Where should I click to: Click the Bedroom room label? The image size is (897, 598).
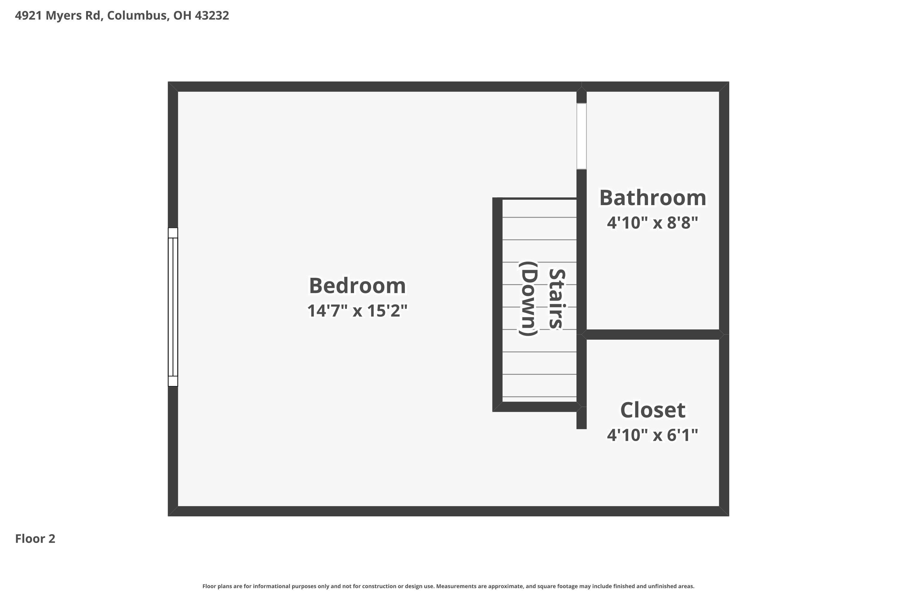[x=357, y=286]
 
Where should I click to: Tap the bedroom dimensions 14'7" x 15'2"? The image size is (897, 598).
[x=357, y=311]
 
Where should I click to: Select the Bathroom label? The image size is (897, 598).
[x=652, y=198]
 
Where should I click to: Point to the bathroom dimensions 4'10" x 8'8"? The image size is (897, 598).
[x=652, y=223]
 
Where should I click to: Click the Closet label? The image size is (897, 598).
[x=652, y=410]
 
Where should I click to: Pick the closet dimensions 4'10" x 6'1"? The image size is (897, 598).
[x=652, y=435]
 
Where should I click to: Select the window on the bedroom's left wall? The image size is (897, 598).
[x=173, y=307]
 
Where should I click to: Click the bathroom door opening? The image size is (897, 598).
[x=581, y=136]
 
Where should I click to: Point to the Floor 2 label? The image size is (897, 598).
[x=35, y=539]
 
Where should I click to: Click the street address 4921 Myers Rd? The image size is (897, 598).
[x=58, y=16]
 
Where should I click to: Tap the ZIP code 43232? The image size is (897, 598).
[x=212, y=16]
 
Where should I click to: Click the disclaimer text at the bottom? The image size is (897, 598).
[x=448, y=586]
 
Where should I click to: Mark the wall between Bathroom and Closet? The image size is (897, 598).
[x=652, y=335]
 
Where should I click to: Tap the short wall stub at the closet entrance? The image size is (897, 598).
[x=581, y=418]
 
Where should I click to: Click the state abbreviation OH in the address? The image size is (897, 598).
[x=182, y=16]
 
